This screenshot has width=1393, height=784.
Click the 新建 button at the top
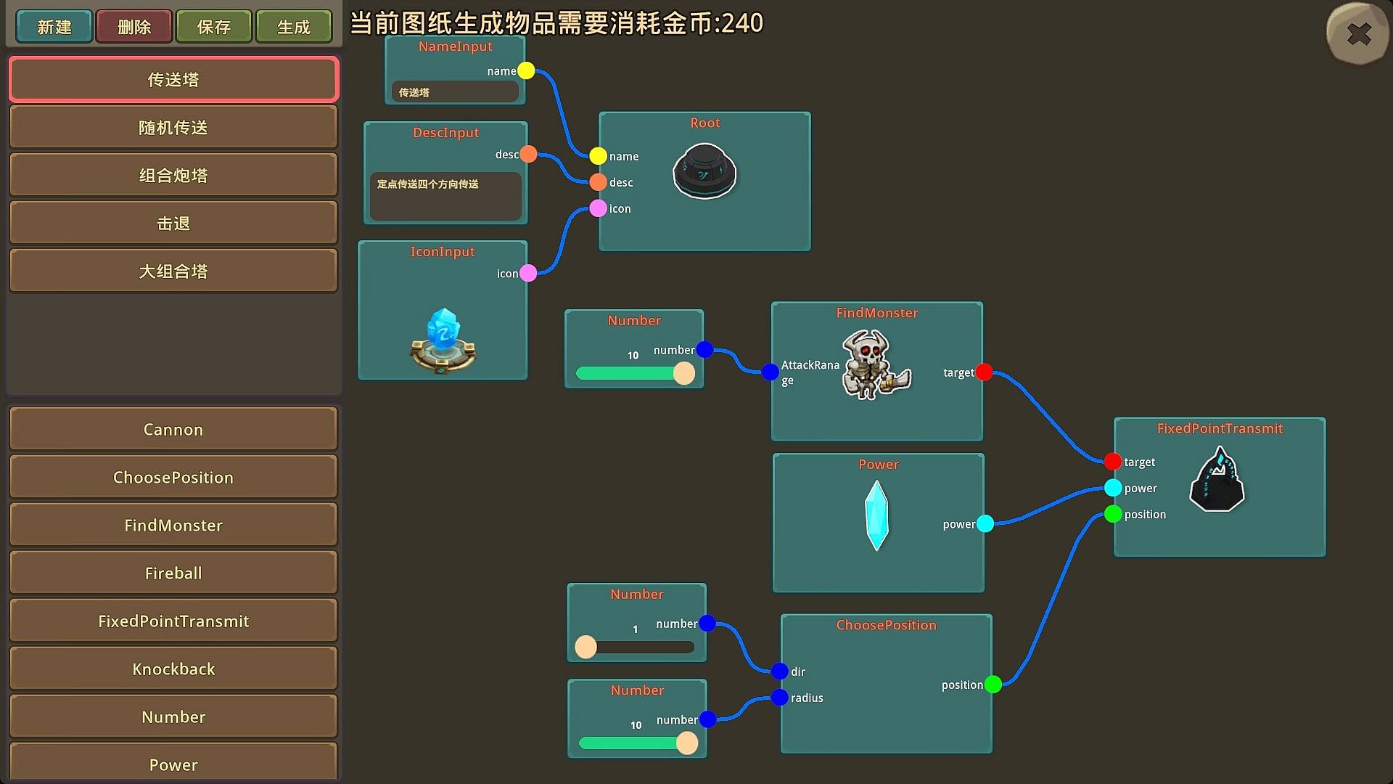(x=54, y=27)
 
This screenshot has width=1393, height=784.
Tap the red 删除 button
(x=134, y=27)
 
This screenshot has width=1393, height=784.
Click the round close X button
(x=1358, y=34)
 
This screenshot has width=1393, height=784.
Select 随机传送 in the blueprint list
(x=173, y=128)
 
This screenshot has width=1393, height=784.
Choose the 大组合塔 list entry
(x=173, y=271)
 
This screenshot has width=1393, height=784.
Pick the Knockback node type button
(x=173, y=669)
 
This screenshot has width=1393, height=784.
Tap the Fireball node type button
(x=173, y=573)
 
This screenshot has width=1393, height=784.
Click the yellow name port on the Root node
(x=598, y=156)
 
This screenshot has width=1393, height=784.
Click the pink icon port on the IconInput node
(x=528, y=273)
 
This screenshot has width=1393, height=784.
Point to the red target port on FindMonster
(x=984, y=372)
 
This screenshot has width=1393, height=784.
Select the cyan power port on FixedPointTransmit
(x=1113, y=488)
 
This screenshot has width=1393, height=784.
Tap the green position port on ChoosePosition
(x=993, y=685)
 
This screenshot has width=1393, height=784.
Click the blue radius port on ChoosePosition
(x=780, y=698)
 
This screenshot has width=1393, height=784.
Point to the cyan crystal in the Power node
(x=876, y=515)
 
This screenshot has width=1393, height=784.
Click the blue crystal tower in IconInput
(x=443, y=341)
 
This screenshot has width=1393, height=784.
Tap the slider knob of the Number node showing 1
(x=585, y=647)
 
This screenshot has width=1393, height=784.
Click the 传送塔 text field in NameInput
(x=455, y=92)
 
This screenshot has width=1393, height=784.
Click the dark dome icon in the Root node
(x=704, y=171)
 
